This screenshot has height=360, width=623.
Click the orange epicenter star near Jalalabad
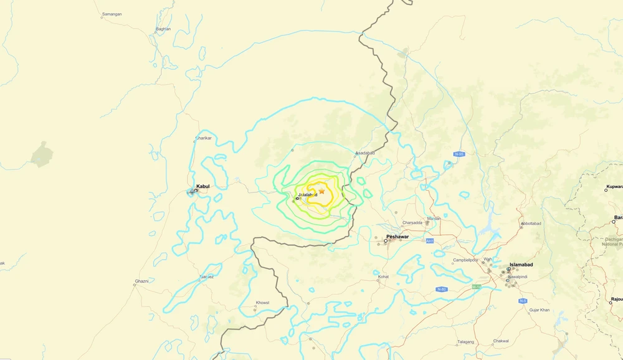(321, 191)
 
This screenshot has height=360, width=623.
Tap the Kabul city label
(203, 186)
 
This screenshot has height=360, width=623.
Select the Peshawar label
(397, 237)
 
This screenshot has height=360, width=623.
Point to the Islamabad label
(521, 265)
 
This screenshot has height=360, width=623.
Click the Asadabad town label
(365, 153)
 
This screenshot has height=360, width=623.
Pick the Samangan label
(112, 14)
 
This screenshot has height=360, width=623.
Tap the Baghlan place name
(163, 29)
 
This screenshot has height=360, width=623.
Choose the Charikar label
(204, 138)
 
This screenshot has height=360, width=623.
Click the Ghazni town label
(141, 282)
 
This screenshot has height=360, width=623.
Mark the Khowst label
(263, 303)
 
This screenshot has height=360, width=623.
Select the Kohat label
(383, 277)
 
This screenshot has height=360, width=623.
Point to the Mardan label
(434, 219)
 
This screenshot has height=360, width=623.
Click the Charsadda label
(412, 222)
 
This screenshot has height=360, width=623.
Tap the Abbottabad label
(531, 224)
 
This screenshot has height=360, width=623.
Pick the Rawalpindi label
(518, 277)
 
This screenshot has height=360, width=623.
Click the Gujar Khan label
(540, 310)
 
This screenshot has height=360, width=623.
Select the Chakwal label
(501, 341)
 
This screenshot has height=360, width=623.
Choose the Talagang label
(465, 341)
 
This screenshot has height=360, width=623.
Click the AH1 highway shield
(430, 240)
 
